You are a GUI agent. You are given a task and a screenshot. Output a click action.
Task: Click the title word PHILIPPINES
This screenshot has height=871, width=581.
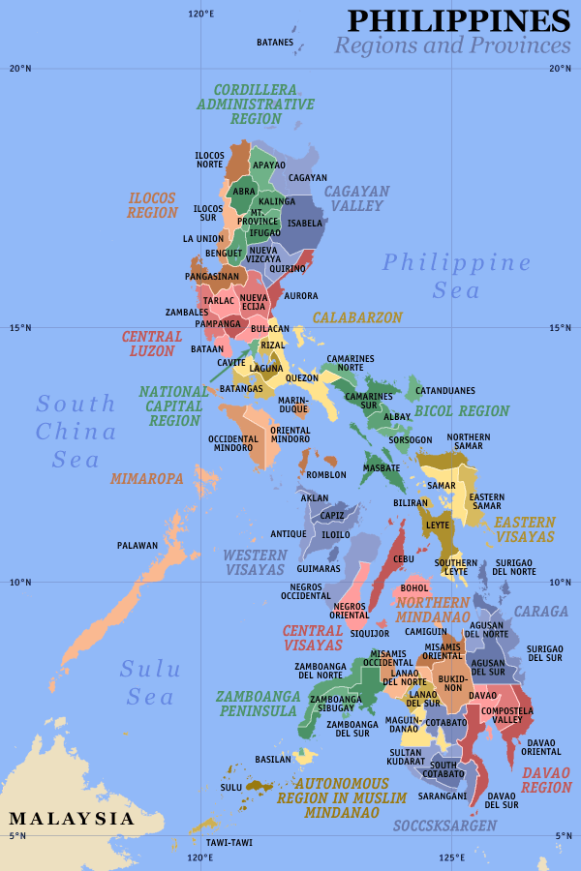pyautogui.click(x=458, y=20)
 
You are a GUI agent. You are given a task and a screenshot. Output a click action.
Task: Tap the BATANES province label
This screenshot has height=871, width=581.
pyautogui.click(x=274, y=43)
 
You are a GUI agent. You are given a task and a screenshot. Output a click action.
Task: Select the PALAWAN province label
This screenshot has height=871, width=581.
pyautogui.click(x=137, y=546)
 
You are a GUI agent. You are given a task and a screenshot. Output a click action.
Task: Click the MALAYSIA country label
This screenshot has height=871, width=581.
pyautogui.click(x=72, y=819)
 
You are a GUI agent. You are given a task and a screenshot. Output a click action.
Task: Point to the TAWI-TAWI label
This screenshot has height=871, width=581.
pyautogui.click(x=229, y=842)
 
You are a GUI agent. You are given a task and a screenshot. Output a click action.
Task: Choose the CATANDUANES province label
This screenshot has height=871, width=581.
pyautogui.click(x=445, y=391)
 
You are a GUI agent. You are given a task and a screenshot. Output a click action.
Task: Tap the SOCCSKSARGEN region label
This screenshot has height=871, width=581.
pyautogui.click(x=444, y=826)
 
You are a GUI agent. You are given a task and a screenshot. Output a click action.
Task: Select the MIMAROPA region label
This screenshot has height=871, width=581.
pyautogui.click(x=146, y=478)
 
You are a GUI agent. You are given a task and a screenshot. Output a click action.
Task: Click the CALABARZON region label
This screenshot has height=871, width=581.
pyautogui.click(x=356, y=317)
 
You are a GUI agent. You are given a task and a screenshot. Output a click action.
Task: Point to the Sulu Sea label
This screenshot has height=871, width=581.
pyautogui.click(x=147, y=682)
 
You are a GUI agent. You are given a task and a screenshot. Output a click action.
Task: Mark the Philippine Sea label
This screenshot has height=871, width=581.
pyautogui.click(x=456, y=276)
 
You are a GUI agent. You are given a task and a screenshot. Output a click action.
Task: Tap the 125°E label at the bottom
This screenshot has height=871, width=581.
pyautogui.click(x=451, y=857)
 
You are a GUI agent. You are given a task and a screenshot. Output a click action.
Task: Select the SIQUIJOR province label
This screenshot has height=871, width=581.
pyautogui.click(x=369, y=634)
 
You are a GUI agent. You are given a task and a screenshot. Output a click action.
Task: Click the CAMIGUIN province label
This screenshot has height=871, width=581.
pyautogui.click(x=425, y=631)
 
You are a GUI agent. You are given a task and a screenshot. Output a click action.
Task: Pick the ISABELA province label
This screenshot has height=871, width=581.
pyautogui.click(x=305, y=223)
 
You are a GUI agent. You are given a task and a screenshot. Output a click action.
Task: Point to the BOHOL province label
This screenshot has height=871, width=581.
pyautogui.click(x=414, y=587)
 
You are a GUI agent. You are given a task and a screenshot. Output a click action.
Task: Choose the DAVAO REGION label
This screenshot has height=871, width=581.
pyautogui.click(x=546, y=780)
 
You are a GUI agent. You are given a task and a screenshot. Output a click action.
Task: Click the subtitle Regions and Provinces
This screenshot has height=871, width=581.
pyautogui.click(x=452, y=45)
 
